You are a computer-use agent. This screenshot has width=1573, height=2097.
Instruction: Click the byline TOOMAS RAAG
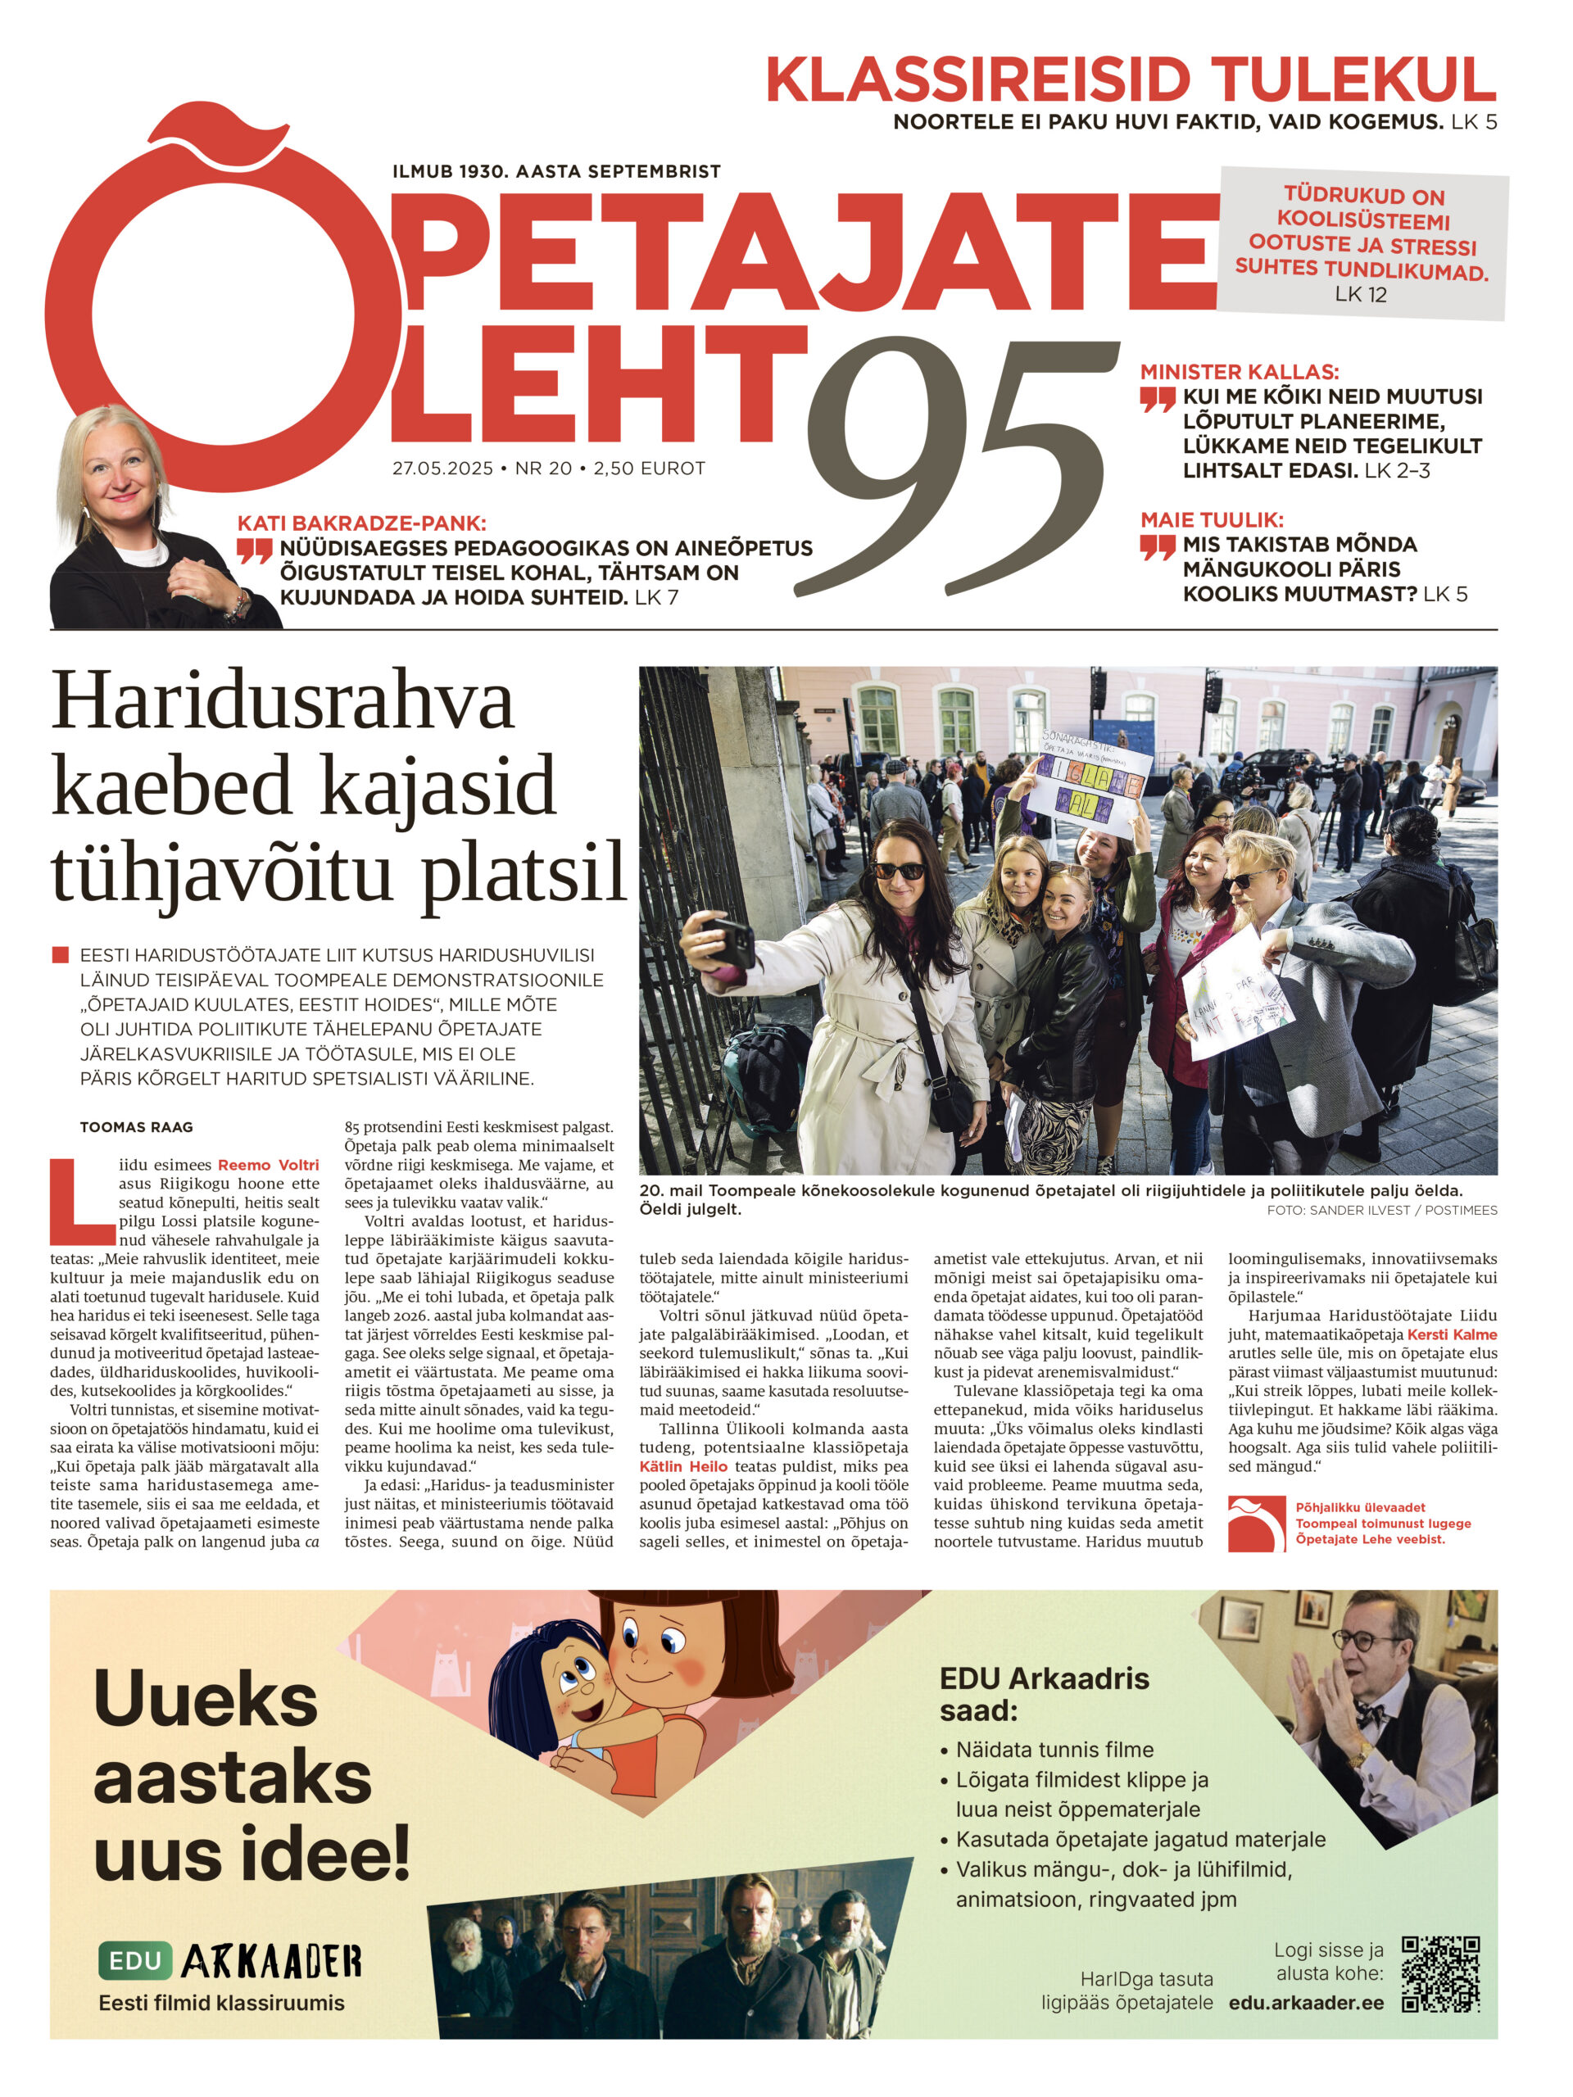point(137,1127)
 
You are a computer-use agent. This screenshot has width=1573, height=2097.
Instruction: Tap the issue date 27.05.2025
point(442,469)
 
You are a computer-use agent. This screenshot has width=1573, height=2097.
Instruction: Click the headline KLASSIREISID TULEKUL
point(1131,80)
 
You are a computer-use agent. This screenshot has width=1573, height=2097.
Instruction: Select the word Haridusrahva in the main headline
point(283,701)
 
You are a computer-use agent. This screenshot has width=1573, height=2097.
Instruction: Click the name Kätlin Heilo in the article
point(682,1466)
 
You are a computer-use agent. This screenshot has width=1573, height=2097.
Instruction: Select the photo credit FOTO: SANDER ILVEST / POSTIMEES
point(1381,1211)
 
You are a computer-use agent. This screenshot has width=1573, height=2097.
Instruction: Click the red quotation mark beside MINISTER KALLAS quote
point(1158,399)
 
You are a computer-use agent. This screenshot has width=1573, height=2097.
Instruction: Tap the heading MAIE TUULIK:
point(1212,519)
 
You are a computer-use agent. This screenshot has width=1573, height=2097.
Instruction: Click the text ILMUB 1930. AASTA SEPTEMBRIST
point(556,171)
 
